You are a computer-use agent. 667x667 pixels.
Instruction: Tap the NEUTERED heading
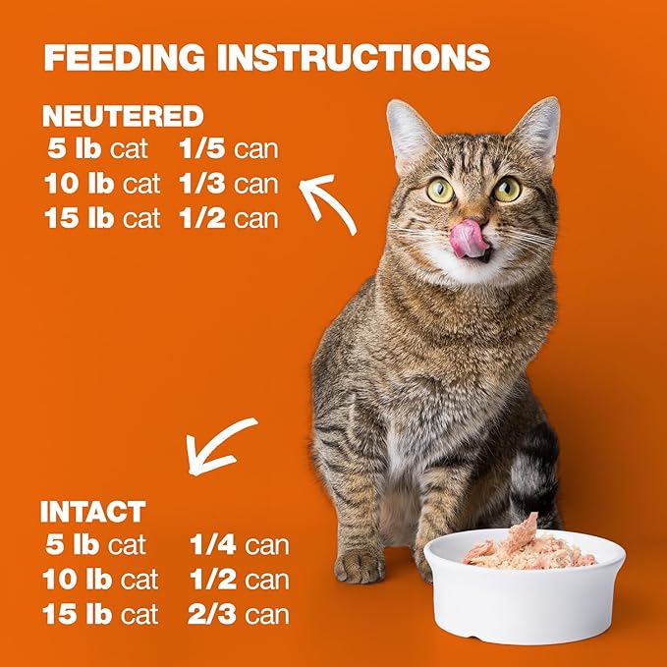coord(122,117)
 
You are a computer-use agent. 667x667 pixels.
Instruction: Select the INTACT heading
coord(92,512)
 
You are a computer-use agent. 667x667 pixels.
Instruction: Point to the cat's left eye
coord(440,191)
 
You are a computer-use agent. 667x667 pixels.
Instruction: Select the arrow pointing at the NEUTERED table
coord(329,200)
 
